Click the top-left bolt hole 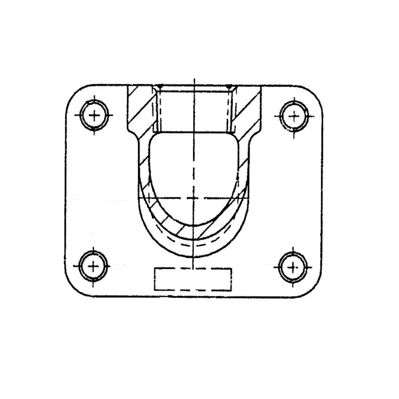coord(94,115)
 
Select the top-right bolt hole coord(294,116)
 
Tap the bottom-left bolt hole coord(93,266)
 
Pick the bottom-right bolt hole coord(293,267)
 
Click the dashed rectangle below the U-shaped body coord(193,279)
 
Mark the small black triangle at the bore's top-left coord(159,87)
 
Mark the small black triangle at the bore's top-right coord(229,87)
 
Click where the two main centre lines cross coord(194,198)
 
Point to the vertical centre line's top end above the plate coord(194,79)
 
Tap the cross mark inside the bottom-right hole coord(293,267)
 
